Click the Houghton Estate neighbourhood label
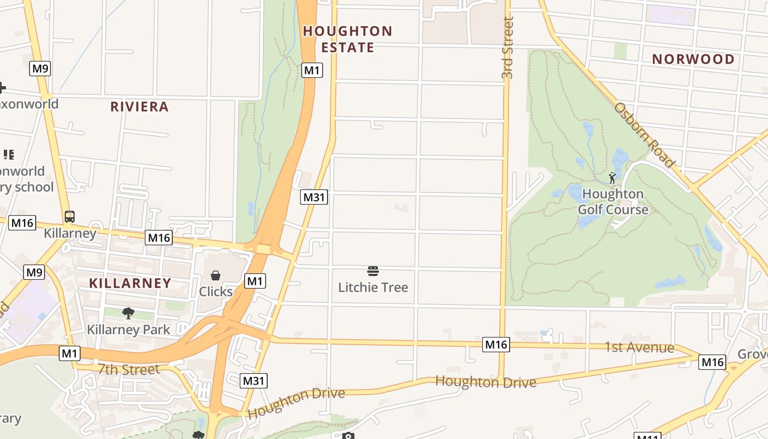pyautogui.click(x=348, y=39)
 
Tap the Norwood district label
pyautogui.click(x=693, y=59)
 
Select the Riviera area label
pyautogui.click(x=139, y=106)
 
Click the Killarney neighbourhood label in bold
pyautogui.click(x=130, y=283)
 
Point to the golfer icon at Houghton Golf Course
pyautogui.click(x=612, y=178)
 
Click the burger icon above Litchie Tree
pyautogui.click(x=373, y=271)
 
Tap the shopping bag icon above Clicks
pyautogui.click(x=216, y=275)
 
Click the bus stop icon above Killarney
pyautogui.click(x=70, y=217)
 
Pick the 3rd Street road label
pyautogui.click(x=507, y=48)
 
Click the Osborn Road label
pyautogui.click(x=644, y=134)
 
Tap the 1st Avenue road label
pyautogui.click(x=639, y=347)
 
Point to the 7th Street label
pyautogui.click(x=129, y=369)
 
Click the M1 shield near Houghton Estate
pyautogui.click(x=312, y=70)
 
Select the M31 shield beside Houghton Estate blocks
pyautogui.click(x=314, y=197)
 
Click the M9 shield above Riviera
pyautogui.click(x=41, y=69)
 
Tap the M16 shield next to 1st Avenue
pyautogui.click(x=496, y=345)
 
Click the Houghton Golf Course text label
pyautogui.click(x=613, y=201)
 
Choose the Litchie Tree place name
pyautogui.click(x=373, y=287)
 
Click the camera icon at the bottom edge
pyautogui.click(x=348, y=436)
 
